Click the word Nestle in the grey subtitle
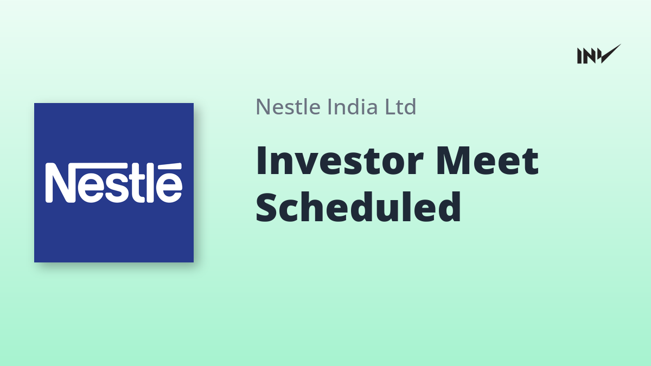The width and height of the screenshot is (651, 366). click(x=288, y=107)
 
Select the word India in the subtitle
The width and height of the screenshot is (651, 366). click(x=353, y=107)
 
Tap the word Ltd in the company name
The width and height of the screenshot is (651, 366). click(x=400, y=107)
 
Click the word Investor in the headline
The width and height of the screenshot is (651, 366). click(x=340, y=160)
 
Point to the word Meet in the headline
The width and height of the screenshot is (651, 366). click(x=488, y=160)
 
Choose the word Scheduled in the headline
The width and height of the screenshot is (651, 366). click(x=359, y=207)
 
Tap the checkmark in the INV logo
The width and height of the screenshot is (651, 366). click(x=611, y=54)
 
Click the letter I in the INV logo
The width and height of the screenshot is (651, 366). click(x=579, y=56)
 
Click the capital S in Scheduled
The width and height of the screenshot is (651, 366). click(x=266, y=207)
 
